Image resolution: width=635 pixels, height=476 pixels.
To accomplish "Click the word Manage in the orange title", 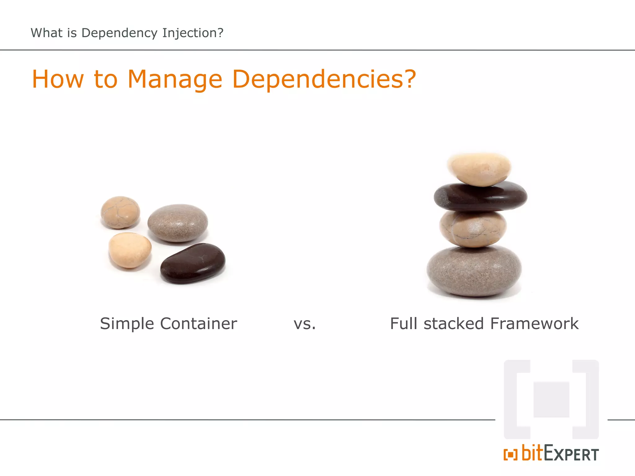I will [x=175, y=80].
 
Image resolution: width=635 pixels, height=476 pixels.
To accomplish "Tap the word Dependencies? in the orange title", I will [x=324, y=80].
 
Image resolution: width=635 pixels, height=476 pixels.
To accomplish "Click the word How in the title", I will [x=58, y=80].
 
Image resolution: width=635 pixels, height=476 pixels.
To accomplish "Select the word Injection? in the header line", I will [x=193, y=33].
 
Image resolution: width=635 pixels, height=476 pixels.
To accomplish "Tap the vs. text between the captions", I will [x=304, y=324].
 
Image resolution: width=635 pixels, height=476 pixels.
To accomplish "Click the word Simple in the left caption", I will [x=127, y=324].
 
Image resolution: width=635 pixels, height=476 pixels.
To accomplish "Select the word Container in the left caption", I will [x=198, y=324].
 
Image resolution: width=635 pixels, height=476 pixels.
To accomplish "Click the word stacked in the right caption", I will [x=454, y=324].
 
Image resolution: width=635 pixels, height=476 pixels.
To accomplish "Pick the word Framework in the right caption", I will [x=534, y=324].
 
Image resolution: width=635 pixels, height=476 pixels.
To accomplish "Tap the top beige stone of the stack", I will [x=479, y=169].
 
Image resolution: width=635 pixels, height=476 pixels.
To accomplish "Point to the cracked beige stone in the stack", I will [x=473, y=229].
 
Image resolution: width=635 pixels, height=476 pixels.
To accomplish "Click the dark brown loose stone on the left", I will [x=193, y=263].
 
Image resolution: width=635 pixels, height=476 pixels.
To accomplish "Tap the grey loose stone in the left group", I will [x=178, y=223].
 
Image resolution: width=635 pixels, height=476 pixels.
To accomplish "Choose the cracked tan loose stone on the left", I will [x=120, y=212].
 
